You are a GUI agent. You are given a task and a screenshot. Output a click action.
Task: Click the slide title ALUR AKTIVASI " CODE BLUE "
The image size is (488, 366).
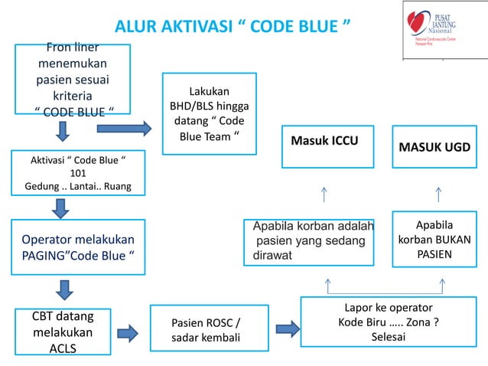click(x=233, y=28)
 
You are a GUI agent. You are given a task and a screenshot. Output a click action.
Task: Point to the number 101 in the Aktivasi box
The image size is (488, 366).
click(x=67, y=172)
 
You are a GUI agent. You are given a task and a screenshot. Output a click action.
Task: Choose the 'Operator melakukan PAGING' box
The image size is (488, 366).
click(x=78, y=247)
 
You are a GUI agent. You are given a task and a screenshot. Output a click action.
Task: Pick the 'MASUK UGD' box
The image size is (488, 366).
click(x=435, y=145)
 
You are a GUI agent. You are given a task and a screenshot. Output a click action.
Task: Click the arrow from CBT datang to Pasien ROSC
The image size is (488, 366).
click(x=127, y=332)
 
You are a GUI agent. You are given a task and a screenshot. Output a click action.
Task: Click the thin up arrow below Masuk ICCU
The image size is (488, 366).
click(x=325, y=195)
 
